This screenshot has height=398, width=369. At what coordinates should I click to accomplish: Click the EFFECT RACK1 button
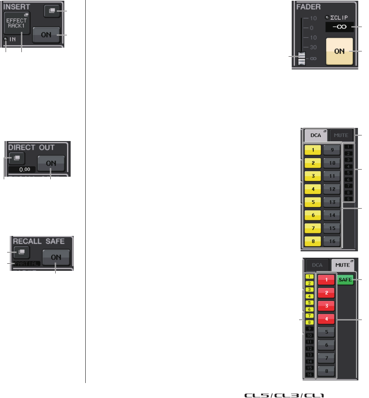(x=17, y=23)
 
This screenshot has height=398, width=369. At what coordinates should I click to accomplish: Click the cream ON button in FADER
(x=339, y=51)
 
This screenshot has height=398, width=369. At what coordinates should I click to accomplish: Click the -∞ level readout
(x=339, y=27)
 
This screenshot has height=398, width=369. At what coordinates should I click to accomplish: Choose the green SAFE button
(x=345, y=280)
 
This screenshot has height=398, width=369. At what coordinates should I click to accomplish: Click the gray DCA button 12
(x=331, y=189)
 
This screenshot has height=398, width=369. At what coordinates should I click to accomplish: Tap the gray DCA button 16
(x=331, y=240)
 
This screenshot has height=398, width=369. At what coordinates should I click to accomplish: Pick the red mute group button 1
(x=327, y=280)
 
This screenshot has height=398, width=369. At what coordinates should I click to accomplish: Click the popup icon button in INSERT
(x=50, y=11)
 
